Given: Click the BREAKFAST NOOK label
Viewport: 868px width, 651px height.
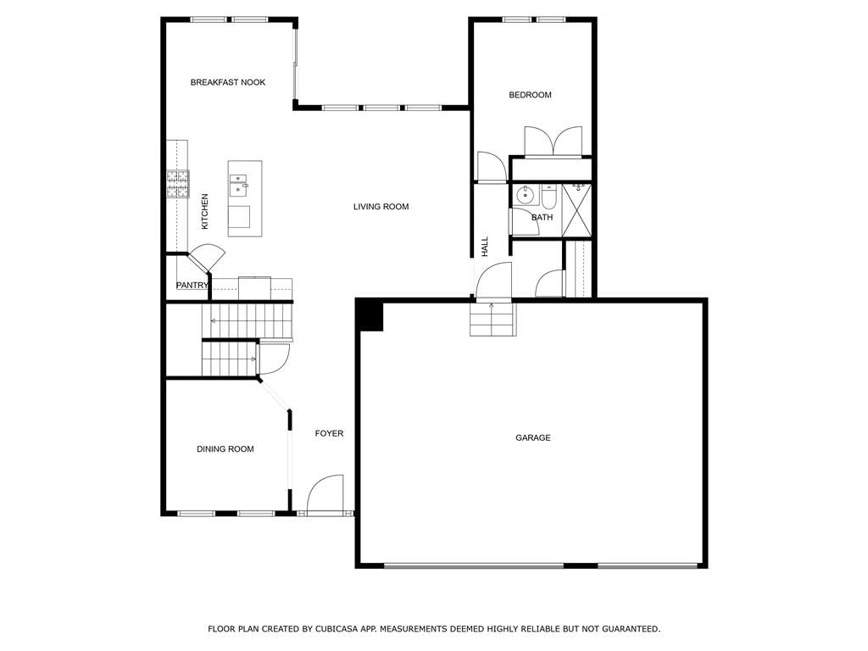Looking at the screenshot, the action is (227, 82).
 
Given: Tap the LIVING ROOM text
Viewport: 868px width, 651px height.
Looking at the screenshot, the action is (381, 207).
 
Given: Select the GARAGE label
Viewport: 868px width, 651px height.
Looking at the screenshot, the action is (532, 438).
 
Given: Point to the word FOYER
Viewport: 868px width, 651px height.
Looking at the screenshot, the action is (329, 433).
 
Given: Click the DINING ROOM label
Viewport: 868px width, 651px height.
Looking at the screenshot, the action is (225, 449).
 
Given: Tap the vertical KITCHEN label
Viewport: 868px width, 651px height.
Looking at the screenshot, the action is (205, 211).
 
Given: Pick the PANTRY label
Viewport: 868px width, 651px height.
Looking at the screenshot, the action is (192, 285).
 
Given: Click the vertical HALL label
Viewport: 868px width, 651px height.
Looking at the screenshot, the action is (485, 247).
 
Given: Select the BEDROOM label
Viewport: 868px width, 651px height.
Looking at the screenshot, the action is (530, 95).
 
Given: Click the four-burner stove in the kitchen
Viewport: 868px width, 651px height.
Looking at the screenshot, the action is (178, 184).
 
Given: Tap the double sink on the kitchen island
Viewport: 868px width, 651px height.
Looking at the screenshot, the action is (238, 185).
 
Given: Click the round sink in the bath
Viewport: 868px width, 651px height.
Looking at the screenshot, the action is (524, 194).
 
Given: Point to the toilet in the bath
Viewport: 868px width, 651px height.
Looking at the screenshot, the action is (548, 196).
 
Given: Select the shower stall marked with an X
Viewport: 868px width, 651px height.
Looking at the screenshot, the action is (576, 210).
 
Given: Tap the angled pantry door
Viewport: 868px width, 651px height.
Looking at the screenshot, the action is (207, 258).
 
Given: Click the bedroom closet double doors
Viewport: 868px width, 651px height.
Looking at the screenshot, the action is (553, 142).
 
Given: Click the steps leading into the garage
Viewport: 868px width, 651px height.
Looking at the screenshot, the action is (492, 320).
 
